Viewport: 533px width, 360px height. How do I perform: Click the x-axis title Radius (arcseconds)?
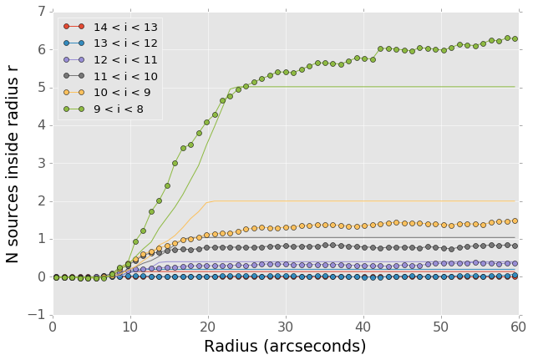(x=286, y=347)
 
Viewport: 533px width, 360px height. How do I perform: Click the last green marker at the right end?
(x=515, y=38)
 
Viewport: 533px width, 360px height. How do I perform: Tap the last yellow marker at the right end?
(x=515, y=221)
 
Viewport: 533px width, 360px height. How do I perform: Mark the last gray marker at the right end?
(x=515, y=246)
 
